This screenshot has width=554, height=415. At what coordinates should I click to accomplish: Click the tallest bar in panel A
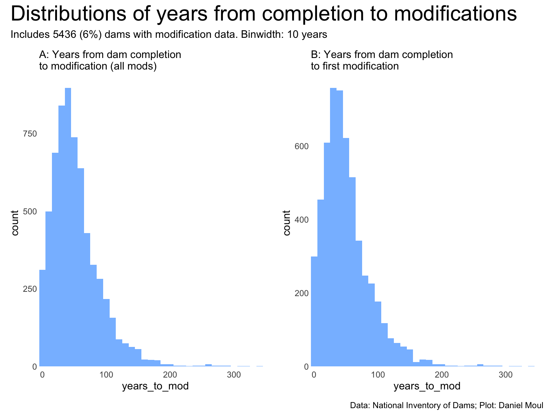[68, 227]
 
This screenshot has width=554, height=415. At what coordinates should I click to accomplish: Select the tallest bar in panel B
[333, 227]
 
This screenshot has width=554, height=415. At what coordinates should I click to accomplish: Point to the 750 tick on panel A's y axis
[30, 134]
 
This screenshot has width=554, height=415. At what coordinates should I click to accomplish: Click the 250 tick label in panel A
[30, 289]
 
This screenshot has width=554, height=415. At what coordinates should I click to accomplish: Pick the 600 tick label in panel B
[302, 146]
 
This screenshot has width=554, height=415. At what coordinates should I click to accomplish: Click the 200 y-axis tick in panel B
[302, 293]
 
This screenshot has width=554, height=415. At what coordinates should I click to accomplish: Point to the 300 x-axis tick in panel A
[234, 375]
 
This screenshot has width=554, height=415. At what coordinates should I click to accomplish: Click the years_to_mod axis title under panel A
[155, 387]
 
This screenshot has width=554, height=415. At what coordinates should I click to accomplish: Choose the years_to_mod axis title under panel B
[427, 387]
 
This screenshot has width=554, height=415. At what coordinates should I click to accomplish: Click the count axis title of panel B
[287, 223]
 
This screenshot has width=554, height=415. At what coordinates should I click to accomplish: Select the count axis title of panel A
[15, 223]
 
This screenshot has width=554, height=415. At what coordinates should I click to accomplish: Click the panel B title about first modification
[382, 61]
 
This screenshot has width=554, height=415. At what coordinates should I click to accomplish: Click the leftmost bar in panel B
[314, 311]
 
